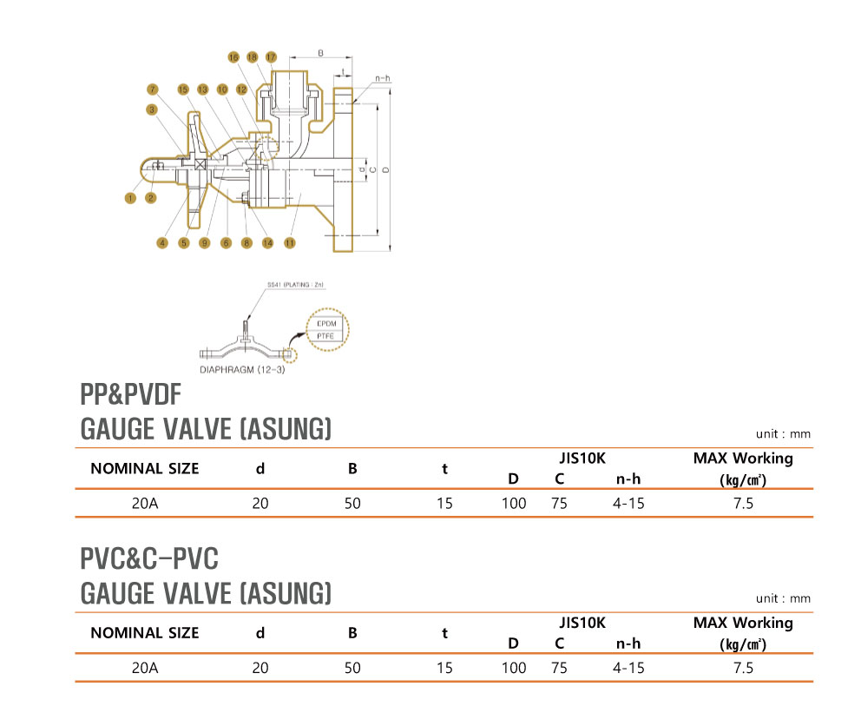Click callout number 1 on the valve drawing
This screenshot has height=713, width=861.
[130, 198]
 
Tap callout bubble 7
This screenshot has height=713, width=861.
[152, 89]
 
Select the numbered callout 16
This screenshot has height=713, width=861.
[233, 56]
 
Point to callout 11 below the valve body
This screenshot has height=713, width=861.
[289, 243]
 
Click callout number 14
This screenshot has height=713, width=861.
[267, 243]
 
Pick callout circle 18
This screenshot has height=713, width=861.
[252, 56]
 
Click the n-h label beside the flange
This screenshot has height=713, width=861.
[382, 78]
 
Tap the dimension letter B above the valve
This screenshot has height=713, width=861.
[320, 54]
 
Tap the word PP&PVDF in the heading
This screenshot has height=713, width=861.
[130, 396]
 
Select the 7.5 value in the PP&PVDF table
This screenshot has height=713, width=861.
[743, 503]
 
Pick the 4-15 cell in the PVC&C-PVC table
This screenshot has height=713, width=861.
[628, 668]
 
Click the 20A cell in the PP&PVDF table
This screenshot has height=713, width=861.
[144, 503]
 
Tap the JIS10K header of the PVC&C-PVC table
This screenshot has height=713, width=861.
[582, 623]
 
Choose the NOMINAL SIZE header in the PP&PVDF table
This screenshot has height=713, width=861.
[144, 469]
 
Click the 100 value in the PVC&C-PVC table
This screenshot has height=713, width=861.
[514, 668]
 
